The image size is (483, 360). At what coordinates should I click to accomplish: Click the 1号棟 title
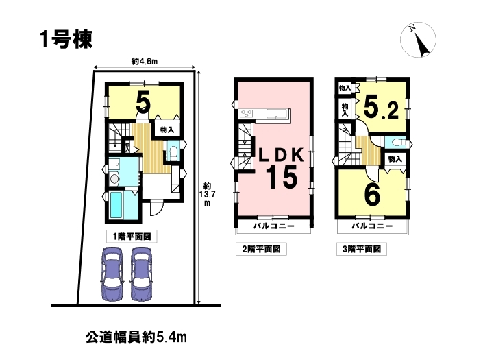(66, 40)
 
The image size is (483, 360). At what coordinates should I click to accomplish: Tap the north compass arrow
(422, 45)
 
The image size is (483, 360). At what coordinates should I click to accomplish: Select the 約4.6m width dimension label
(145, 62)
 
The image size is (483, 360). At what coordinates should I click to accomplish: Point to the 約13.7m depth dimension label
(207, 194)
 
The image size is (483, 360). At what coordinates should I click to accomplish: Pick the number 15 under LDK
(282, 177)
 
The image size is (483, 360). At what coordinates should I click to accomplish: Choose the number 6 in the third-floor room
(372, 194)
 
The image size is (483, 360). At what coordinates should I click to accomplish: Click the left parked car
(112, 274)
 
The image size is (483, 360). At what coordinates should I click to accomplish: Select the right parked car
(142, 274)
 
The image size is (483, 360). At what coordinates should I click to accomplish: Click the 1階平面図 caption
(132, 237)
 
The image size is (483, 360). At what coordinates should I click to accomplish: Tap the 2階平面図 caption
(261, 249)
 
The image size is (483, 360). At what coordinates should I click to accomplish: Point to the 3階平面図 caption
(362, 249)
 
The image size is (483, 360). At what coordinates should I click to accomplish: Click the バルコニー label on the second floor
(274, 226)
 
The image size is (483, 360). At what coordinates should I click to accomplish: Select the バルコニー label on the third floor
(373, 226)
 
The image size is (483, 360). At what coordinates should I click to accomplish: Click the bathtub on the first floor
(117, 204)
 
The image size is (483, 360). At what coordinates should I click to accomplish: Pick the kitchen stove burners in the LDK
(246, 113)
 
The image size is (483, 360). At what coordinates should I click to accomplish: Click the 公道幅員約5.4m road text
(136, 337)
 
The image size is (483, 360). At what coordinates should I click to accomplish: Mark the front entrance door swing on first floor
(156, 208)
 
